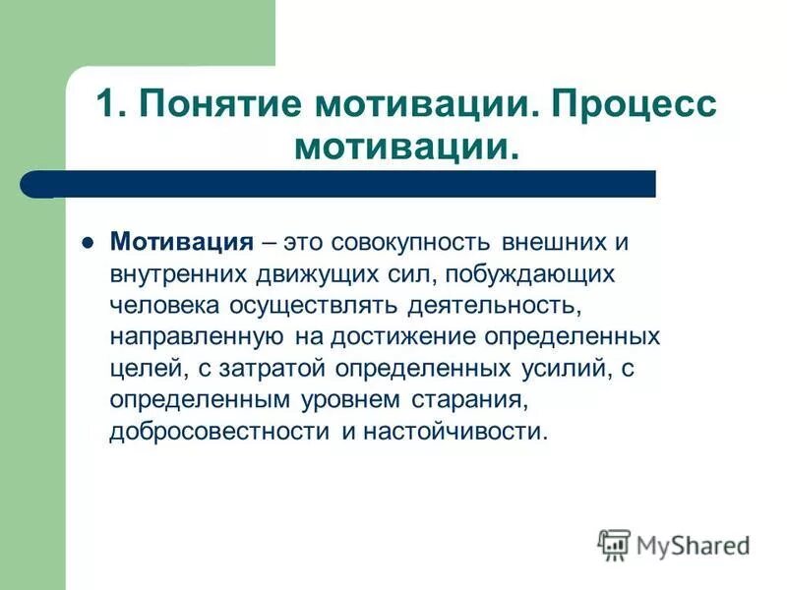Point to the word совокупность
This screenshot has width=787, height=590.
pos(415,241)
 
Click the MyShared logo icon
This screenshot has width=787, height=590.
pos(614,543)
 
